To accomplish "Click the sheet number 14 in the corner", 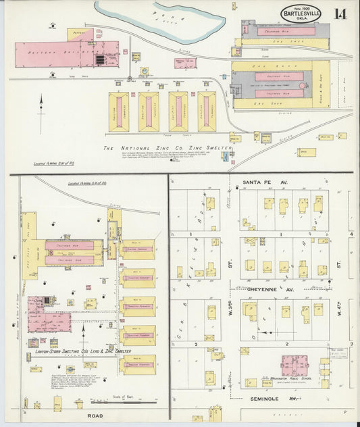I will (x=337, y=13).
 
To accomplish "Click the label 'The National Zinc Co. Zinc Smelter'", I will (x=167, y=147).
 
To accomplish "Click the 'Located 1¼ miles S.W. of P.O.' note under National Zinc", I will (x=53, y=164).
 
